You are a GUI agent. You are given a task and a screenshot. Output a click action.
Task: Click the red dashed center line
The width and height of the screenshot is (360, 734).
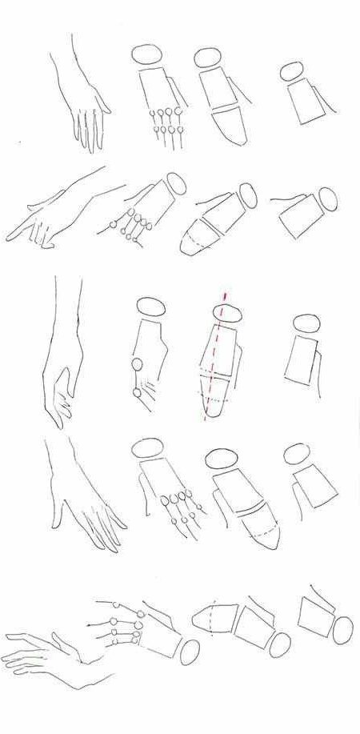pyautogui.click(x=216, y=360)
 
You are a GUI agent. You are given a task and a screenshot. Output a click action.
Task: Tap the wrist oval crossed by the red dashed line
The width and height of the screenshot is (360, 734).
pyautogui.click(x=226, y=314)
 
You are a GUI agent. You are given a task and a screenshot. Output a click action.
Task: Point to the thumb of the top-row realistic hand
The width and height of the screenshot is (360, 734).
pyautogui.click(x=102, y=105)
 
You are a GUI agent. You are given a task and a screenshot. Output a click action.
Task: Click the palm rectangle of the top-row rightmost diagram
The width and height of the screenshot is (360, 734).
pyautogui.click(x=303, y=102)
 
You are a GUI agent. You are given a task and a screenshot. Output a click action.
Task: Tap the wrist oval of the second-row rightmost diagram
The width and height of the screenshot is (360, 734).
pyautogui.click(x=327, y=198)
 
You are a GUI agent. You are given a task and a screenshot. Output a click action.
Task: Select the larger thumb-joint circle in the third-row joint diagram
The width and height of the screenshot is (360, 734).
pyautogui.click(x=137, y=366)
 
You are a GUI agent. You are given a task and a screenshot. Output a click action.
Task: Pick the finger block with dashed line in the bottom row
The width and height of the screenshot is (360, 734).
pyautogui.click(x=212, y=618)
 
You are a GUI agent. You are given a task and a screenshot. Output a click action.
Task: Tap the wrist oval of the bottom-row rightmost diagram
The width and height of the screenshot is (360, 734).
pyautogui.click(x=343, y=630)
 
